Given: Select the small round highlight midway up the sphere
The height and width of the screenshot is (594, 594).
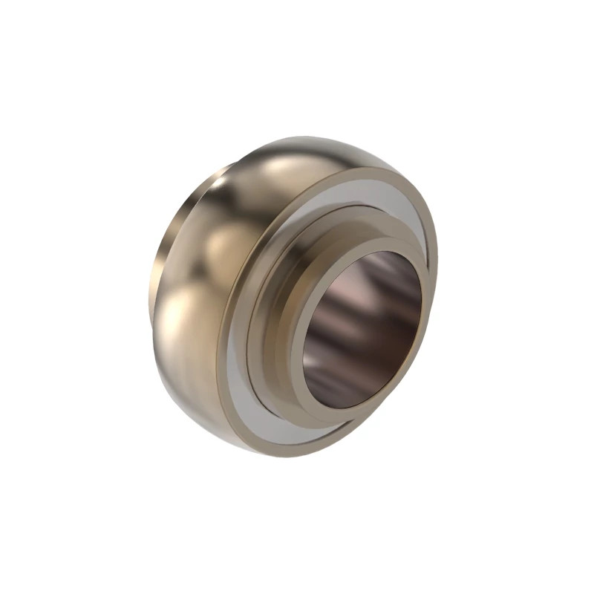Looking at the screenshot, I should pos(226,245).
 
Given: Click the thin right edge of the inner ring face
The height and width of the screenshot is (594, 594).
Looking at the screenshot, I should pos(424,297).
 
